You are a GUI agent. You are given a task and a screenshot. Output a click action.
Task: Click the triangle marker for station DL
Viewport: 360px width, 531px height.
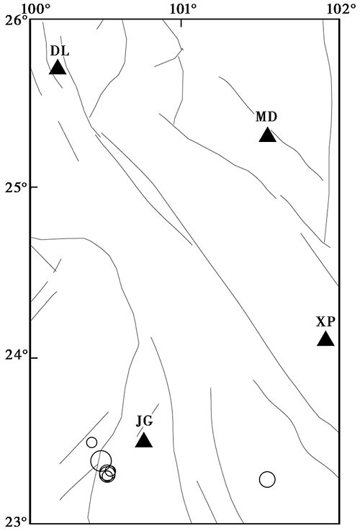point(58,68)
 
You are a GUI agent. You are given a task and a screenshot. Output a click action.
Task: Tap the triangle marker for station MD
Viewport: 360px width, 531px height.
point(268,135)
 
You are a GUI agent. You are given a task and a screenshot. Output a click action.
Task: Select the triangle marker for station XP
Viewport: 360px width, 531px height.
point(326,339)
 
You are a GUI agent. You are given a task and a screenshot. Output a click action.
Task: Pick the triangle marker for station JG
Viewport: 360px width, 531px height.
point(144,440)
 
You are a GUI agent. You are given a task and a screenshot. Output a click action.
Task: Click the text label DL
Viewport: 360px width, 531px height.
point(60,51)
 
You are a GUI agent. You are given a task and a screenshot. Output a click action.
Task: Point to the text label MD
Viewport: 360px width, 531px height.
point(266,117)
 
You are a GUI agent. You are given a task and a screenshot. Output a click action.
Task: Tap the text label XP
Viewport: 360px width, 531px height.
point(325,321)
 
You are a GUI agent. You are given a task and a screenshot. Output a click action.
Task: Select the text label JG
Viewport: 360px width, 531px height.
point(145,422)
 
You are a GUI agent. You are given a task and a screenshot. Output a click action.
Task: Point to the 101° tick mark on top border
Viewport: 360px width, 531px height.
point(181,23)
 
